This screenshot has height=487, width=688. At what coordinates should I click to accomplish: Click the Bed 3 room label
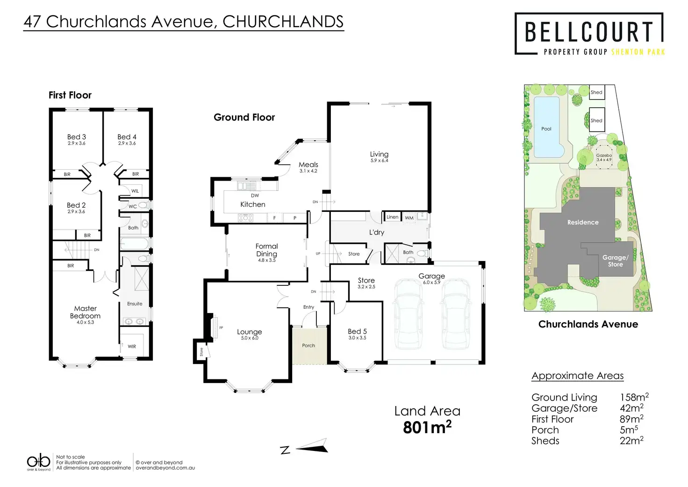coord(76,137)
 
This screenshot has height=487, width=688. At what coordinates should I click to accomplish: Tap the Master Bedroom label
coord(85,312)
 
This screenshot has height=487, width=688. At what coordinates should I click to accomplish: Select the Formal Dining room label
coord(266,250)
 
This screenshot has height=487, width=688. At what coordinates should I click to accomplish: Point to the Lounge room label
coord(249,332)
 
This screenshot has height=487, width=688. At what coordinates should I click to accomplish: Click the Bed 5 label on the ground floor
coord(357,331)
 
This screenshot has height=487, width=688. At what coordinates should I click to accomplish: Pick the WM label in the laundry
coord(409,218)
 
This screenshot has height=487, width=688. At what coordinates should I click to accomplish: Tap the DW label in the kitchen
coord(255,196)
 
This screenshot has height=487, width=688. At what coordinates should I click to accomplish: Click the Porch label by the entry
coord(308,345)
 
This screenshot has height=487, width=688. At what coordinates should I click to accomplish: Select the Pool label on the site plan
coord(546,129)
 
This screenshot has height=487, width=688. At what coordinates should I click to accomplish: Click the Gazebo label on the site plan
coord(604,155)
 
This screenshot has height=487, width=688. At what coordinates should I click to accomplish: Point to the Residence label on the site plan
coord(583,222)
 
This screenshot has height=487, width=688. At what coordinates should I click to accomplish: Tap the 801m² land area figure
coord(427,428)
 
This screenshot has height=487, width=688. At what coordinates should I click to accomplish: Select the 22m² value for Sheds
coord(631,441)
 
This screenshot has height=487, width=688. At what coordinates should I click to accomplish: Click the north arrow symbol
coord(310,446)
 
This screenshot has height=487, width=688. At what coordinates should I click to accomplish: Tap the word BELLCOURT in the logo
coord(589,32)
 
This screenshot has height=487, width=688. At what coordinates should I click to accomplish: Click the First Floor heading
coord(70,95)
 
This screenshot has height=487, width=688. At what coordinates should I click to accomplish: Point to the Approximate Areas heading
coord(577,376)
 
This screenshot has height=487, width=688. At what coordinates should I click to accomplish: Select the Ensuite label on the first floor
coord(135,304)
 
